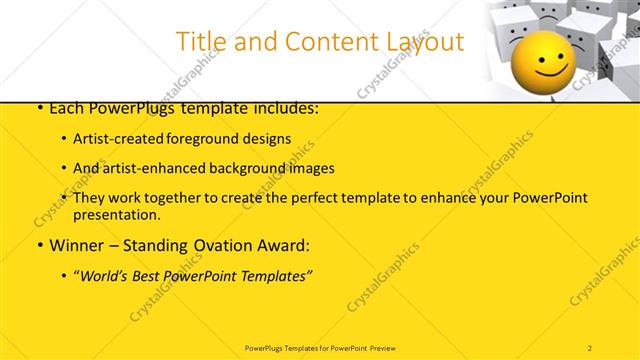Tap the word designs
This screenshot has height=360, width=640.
269,138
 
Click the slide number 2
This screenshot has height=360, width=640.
590,347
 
